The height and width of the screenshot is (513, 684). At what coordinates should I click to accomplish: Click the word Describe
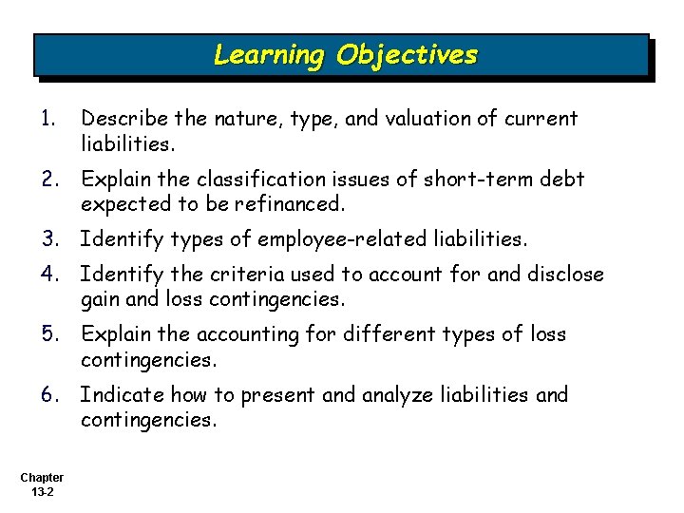click(x=123, y=119)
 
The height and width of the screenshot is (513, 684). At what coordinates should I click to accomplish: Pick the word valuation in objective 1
click(x=410, y=119)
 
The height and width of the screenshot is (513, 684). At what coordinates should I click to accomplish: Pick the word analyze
click(x=400, y=394)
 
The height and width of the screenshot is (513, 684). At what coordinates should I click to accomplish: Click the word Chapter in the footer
click(x=42, y=478)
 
